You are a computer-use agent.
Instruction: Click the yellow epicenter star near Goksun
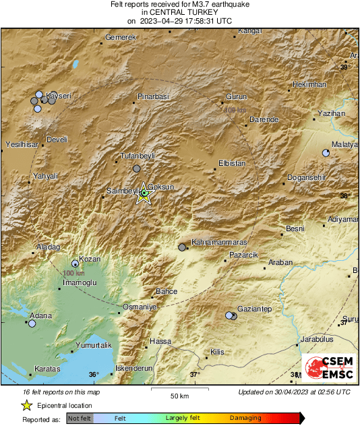pyautogui.click(x=144, y=195)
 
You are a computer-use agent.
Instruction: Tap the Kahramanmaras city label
pyautogui.click(x=219, y=241)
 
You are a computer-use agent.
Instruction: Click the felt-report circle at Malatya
pyautogui.click(x=326, y=153)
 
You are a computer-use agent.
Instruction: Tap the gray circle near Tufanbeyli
pyautogui.click(x=137, y=169)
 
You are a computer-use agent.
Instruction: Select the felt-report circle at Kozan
pyautogui.click(x=76, y=264)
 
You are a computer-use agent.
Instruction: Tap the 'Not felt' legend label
pyautogui.click(x=80, y=419)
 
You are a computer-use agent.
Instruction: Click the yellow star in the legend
pyautogui.click(x=26, y=405)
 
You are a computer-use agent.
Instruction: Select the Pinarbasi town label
pyautogui.click(x=152, y=97)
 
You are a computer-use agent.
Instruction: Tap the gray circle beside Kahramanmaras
pyautogui.click(x=182, y=247)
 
